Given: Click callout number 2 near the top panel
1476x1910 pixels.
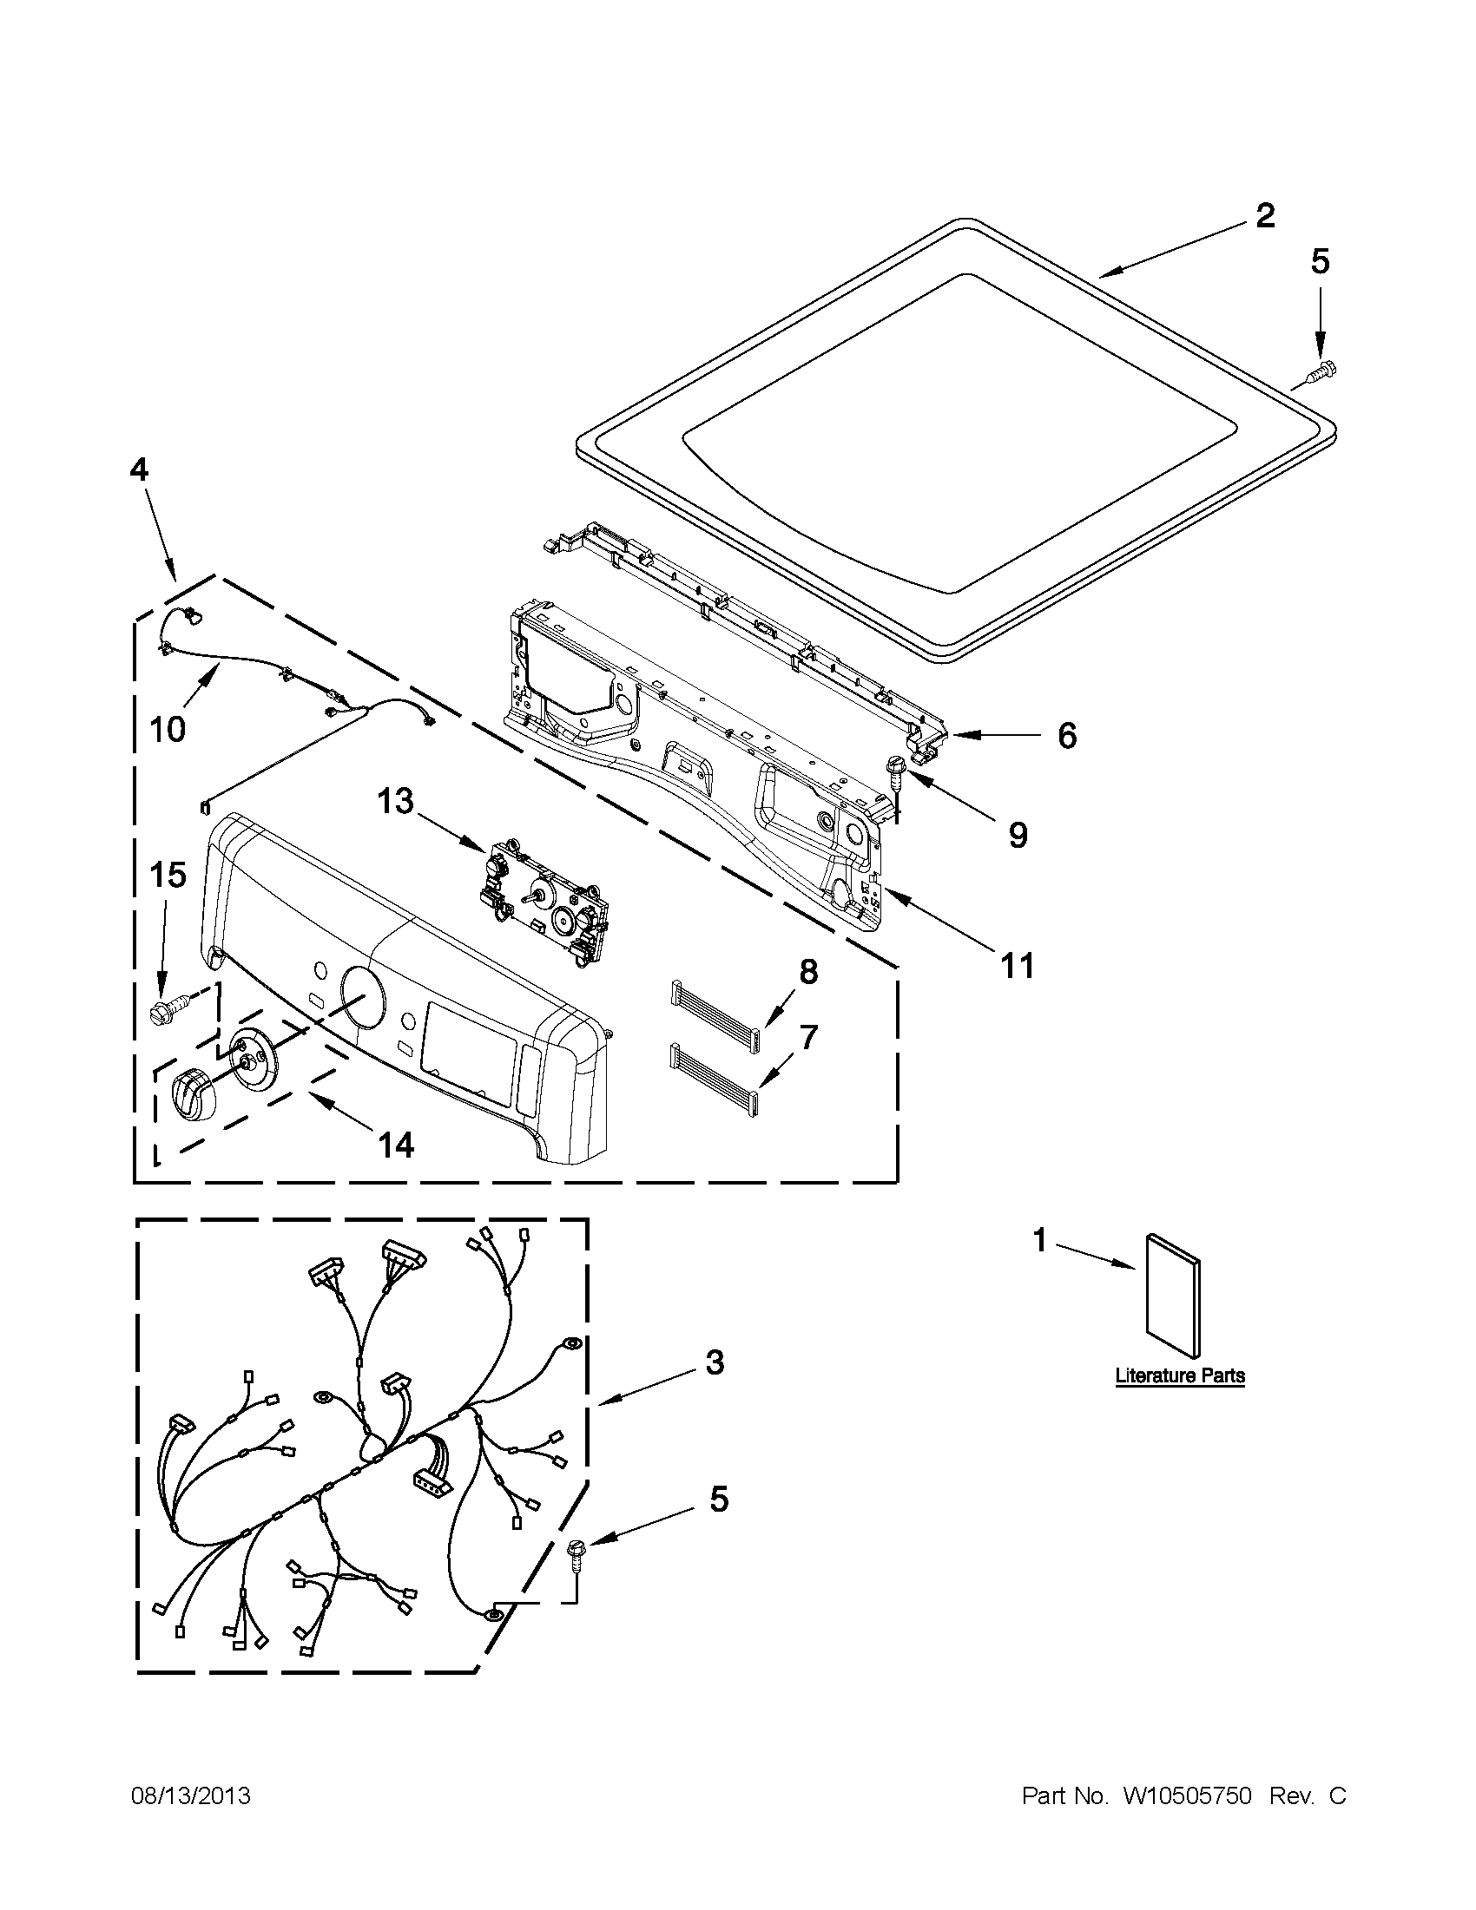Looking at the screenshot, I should coord(1264,215).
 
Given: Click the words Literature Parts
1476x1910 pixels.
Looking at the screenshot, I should coord(1179,1375).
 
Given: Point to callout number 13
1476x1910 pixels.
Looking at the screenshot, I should coord(395,800).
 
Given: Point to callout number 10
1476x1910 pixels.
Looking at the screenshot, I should coord(167,727).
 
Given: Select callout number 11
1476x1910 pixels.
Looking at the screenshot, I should coord(1018,966).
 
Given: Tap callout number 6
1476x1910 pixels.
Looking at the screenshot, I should coord(1066,736).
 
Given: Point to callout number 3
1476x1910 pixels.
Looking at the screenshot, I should coord(715,1362).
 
